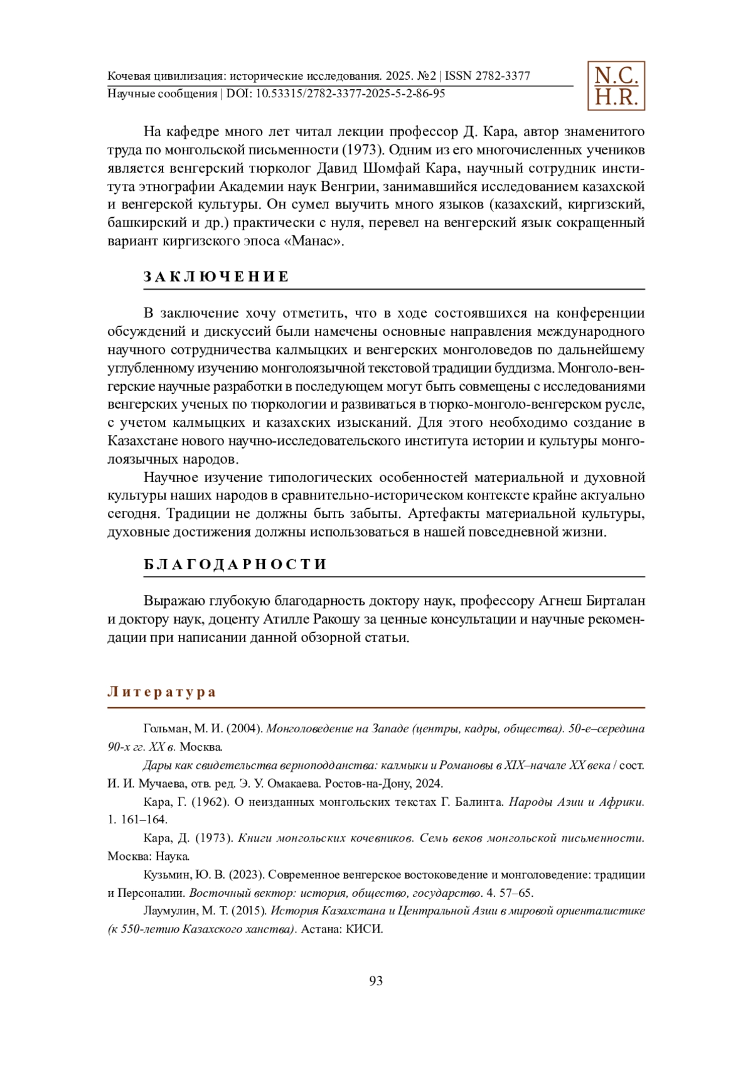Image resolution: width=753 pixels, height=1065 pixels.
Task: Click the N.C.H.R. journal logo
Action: [616, 86]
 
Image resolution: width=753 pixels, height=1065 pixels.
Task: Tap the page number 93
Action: [376, 981]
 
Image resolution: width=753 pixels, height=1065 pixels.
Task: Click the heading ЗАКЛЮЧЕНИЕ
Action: [216, 277]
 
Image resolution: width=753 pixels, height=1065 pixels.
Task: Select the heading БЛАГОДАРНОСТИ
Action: [235, 564]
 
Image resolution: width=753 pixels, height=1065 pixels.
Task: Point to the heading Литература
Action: [162, 692]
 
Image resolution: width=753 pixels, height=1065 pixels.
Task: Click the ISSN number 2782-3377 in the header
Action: [503, 77]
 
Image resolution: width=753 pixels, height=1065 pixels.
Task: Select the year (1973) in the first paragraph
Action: [362, 150]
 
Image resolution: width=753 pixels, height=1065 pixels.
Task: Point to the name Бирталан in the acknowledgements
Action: [616, 601]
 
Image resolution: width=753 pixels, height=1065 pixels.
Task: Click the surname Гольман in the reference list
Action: [166, 729]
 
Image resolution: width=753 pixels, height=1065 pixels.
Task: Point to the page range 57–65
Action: [516, 893]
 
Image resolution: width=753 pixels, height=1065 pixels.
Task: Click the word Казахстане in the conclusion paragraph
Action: [142, 441]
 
